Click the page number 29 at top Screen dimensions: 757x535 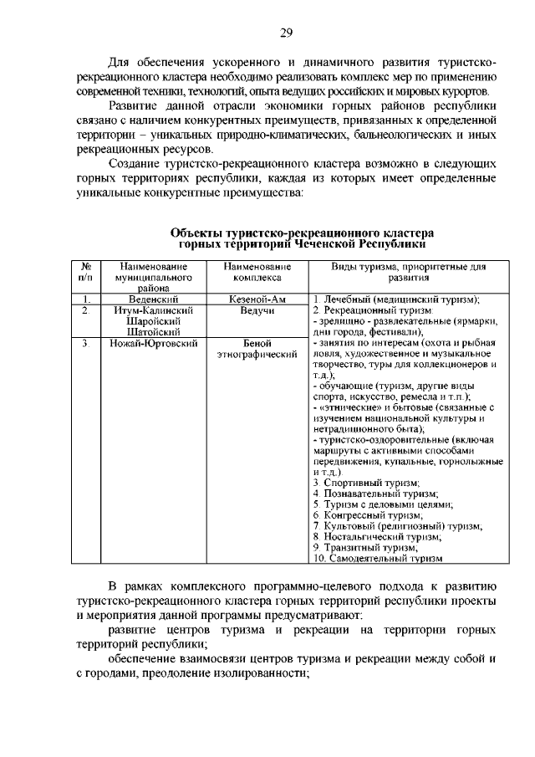tap(286, 33)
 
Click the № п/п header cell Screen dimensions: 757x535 tap(84, 271)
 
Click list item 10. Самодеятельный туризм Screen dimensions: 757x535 tap(377, 558)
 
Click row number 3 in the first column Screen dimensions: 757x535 tap(84, 343)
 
